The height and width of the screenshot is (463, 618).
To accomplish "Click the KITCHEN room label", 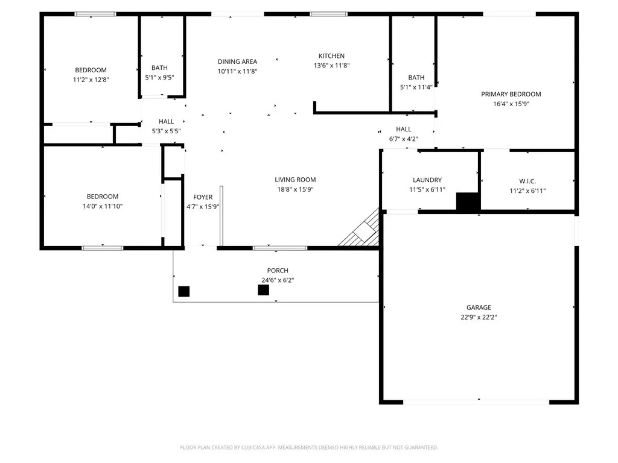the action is pos(331,56).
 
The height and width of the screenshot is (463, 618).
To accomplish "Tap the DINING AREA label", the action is pos(237,61).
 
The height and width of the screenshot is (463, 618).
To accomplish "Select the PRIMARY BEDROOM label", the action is pos(511,94).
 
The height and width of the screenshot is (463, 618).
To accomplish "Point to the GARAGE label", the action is pos(479,307).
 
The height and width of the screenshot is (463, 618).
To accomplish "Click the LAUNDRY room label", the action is pos(427,180).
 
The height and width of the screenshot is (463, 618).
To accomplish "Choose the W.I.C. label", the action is pos(527,181).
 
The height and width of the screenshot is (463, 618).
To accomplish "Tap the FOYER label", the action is pos(203,197).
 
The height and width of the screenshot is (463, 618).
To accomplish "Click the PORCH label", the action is pos(278,271).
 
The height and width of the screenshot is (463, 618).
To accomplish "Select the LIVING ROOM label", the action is pos(295,180).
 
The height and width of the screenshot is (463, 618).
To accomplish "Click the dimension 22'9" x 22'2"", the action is pos(479,317).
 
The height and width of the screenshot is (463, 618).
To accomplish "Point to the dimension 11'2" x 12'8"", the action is pos(91,80).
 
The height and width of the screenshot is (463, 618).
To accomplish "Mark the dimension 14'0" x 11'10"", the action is pos(103,206).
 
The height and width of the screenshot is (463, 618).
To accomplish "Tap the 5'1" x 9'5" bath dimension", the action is pos(159,78).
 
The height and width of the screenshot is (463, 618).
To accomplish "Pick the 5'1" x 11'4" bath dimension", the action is pos(416,87).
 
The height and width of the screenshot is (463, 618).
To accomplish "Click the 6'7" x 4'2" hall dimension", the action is pos(404,139).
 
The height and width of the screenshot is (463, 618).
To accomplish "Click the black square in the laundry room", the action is pos(468,201).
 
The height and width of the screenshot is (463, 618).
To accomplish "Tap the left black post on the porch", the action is pos(184,291).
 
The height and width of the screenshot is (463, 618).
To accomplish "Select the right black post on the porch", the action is pos(264,290).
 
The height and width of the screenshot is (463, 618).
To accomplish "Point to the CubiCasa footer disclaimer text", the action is pos(309,448).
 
